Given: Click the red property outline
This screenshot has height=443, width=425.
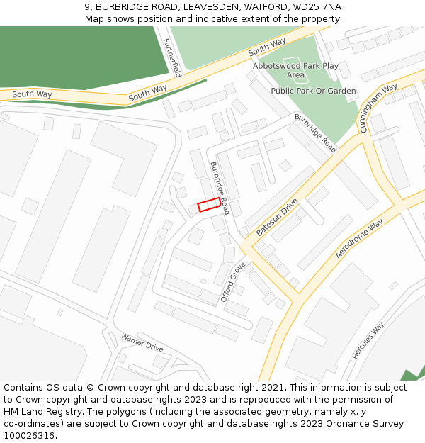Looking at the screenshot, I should coord(208,205).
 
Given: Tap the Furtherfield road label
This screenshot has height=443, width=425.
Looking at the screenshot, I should coord(173,57).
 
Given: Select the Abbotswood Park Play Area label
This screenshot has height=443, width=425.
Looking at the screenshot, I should coord(295,70).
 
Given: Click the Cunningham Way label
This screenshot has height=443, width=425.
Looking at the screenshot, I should coord(378,108).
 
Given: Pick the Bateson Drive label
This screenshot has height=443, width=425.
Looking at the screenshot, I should coord(277,218).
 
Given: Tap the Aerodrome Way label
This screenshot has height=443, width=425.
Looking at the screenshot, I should coord(359,239).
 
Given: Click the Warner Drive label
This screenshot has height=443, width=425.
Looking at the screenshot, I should coord(142,342).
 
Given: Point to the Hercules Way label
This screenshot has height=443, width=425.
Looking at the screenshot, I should coord(368,340).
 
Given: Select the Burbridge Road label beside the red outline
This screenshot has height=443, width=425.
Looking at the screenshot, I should coord(220,188).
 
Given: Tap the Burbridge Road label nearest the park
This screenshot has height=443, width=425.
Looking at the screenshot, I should coord(316,133).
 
